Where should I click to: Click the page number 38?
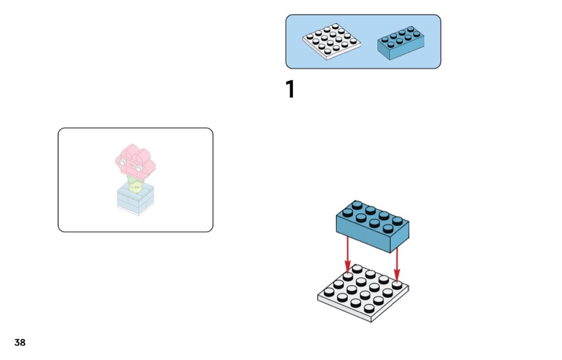point(20,343)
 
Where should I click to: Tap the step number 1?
point(290,90)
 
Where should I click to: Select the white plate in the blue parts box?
point(331,41)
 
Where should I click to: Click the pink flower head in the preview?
point(134,159)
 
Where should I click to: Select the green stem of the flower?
point(136,185)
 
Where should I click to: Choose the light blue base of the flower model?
point(135,200)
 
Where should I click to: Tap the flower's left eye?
point(123,162)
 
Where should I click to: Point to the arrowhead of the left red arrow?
point(347,268)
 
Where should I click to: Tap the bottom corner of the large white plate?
point(371,321)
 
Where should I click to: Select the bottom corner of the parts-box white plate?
point(327,59)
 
